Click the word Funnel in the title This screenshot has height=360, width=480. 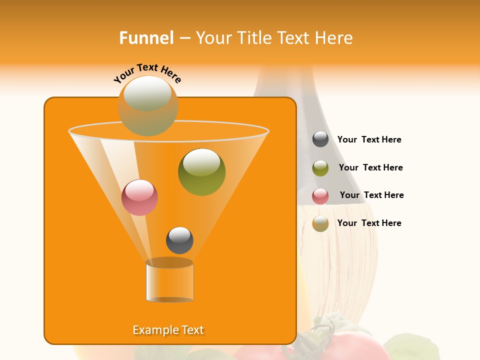click(x=146, y=38)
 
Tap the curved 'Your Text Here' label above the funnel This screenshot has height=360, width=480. click(x=147, y=73)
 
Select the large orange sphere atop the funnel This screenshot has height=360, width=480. click(x=148, y=106)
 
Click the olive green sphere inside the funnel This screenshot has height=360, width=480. click(x=201, y=171)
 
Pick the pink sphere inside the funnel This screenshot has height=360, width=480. click(x=139, y=197)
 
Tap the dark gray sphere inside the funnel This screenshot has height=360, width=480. click(x=179, y=240)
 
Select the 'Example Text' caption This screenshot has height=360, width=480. click(x=168, y=330)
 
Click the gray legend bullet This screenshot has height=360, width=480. click(x=320, y=139)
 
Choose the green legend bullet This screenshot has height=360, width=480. click(x=320, y=168)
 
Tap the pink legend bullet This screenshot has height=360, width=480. click(x=320, y=196)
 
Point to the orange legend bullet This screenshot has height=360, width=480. click(x=320, y=223)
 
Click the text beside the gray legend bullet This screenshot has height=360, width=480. click(x=369, y=140)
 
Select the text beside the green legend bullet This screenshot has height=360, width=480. click(x=370, y=168)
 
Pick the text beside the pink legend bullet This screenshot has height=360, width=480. click(x=371, y=195)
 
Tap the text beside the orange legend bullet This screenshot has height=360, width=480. click(x=369, y=223)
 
